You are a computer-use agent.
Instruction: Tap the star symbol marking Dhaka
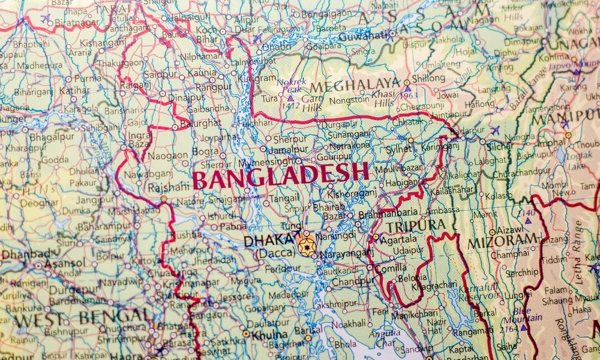[x=307, y=247]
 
